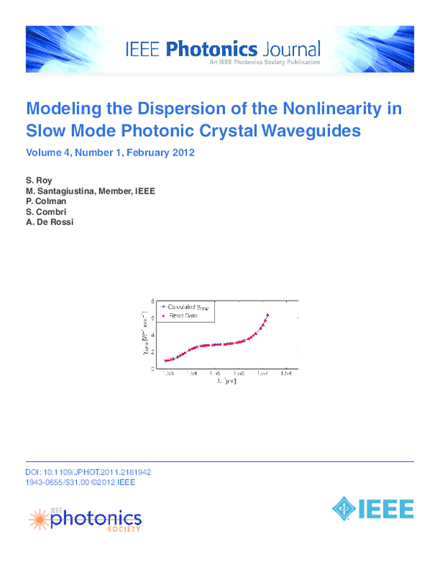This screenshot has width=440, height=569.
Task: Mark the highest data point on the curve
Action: (268, 315)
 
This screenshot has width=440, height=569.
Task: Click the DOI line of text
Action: (88, 473)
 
